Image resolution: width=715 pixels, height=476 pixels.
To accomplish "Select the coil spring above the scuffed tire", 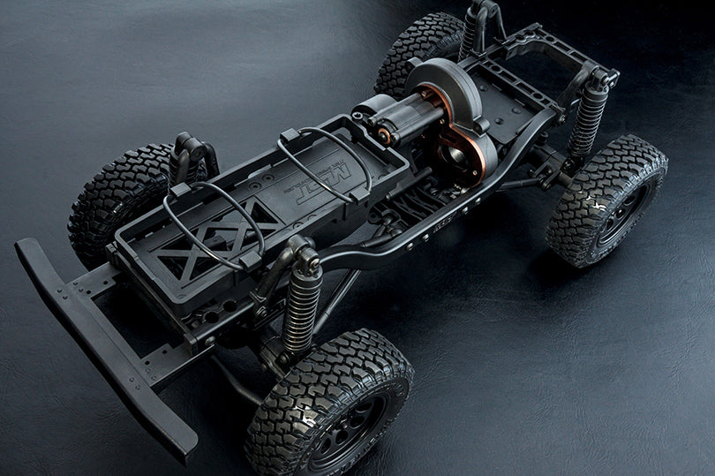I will [x=587, y=120].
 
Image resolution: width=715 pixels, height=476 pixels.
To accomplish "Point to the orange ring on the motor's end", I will [x=383, y=134].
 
